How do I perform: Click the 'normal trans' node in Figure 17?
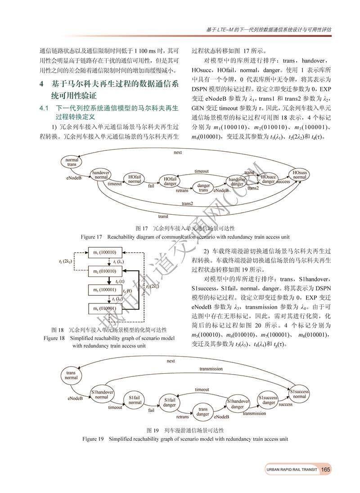coord(72,163)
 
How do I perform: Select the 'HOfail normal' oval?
coord(135,179)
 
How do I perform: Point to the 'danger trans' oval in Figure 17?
coord(203,188)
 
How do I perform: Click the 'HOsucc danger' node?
coord(268,179)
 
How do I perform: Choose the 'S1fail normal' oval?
coord(135,400)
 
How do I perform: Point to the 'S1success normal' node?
coord(299,393)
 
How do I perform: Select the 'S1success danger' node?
coord(269,400)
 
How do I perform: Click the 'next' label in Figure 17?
coord(178,152)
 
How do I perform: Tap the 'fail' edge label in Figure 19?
coord(152,411)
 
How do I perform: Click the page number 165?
coord(326,470)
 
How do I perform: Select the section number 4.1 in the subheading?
coord(44,109)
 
